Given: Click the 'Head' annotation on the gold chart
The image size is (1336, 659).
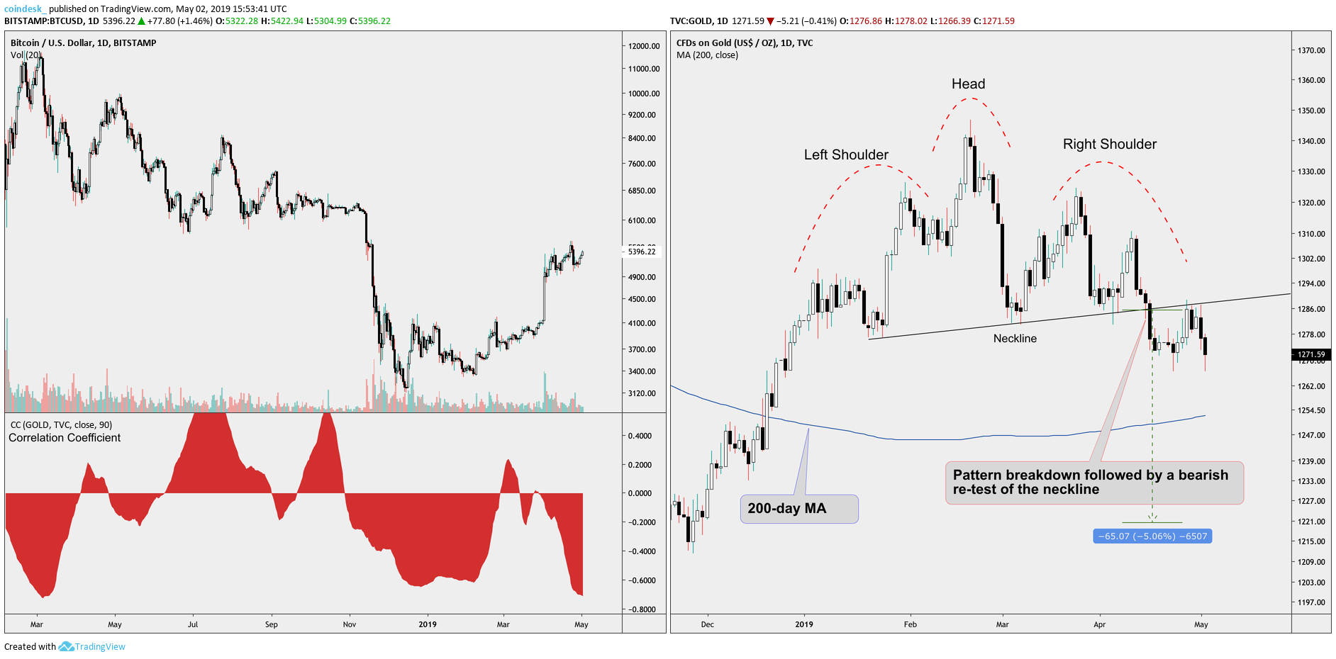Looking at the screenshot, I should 968,84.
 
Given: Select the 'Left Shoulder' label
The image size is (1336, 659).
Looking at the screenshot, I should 846,155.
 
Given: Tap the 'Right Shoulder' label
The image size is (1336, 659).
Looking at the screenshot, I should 1109,145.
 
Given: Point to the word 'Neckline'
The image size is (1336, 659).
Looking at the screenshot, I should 1015,339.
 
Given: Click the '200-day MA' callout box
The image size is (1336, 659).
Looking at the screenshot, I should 799,509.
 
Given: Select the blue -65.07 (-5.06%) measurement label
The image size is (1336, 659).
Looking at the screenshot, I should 1152,536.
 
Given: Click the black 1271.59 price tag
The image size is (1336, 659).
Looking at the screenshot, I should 1311,354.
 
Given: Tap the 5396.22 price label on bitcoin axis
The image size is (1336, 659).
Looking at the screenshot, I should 642,252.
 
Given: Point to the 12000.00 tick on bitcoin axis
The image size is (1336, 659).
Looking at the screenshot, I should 644,46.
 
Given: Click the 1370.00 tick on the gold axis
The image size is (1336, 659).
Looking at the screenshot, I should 1311,50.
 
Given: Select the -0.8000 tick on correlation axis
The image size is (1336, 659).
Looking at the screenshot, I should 642,609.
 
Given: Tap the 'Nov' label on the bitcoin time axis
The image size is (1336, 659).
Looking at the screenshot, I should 350,625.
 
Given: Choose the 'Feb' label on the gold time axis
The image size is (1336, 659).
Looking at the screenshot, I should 911,625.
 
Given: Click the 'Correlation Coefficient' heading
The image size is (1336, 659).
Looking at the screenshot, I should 65,438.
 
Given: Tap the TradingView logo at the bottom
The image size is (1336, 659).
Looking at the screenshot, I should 92,647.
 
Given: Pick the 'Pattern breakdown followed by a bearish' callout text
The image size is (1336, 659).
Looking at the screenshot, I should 1090,475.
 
